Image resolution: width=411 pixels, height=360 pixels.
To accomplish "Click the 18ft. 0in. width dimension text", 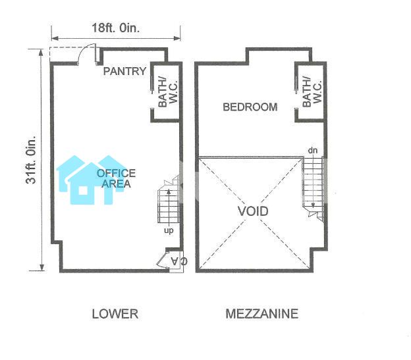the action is (116, 28).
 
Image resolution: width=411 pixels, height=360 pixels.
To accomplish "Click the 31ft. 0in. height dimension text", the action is (31, 159).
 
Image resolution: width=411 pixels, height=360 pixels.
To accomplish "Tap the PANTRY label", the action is (124, 71).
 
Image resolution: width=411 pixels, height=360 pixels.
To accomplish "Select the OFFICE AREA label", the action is (116, 178).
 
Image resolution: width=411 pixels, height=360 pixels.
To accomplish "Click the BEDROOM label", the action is (250, 107).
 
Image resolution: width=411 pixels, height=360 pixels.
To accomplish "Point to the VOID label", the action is (253, 211).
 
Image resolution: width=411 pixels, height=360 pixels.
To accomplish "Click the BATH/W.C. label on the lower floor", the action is (168, 92).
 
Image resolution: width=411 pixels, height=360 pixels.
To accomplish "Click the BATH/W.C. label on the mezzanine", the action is (312, 91).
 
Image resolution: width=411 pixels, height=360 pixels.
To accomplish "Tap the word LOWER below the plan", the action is (115, 314).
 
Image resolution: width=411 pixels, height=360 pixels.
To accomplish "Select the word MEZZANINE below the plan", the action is (262, 314).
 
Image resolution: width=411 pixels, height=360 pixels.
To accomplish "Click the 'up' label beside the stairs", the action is (169, 230).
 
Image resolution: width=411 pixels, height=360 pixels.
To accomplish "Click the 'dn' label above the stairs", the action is (313, 150).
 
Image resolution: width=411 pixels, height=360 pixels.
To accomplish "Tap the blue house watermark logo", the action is (91, 180).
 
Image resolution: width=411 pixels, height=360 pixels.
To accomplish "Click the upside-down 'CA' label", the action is (179, 261).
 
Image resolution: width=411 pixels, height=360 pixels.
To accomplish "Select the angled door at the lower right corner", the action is (162, 260).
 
